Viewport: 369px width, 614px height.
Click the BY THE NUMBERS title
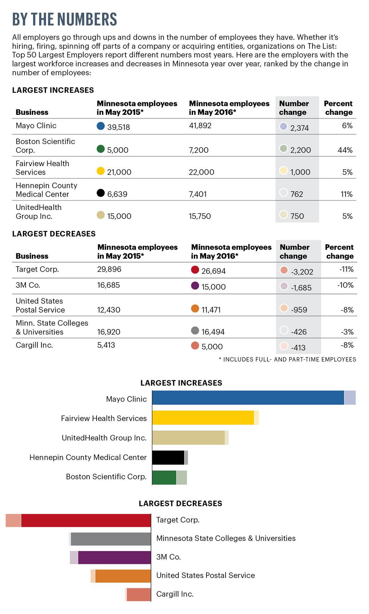[x=65, y=19]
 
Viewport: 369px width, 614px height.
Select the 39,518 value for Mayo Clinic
[x=118, y=127]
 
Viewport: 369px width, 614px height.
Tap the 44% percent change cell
[x=345, y=150]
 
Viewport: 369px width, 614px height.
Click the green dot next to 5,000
[x=101, y=149]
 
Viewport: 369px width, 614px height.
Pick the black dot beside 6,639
[x=101, y=193]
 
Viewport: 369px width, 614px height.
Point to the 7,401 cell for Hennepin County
[x=198, y=194]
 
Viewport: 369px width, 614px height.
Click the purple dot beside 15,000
[x=195, y=286]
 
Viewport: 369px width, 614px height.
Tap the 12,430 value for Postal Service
[x=108, y=310]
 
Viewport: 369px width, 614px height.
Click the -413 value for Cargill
[x=298, y=348]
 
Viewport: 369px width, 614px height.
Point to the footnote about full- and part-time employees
[x=287, y=359]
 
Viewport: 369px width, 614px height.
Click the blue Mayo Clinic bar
[x=248, y=398]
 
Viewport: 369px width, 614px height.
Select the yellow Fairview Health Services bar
[x=203, y=417]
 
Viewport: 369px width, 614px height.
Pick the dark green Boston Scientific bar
[x=164, y=478]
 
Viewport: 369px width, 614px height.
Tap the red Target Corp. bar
[x=86, y=520]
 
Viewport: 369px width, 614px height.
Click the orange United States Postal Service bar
[x=123, y=576]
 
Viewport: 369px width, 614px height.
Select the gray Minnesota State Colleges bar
[x=111, y=539]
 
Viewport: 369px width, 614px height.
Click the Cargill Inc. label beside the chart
[x=175, y=594]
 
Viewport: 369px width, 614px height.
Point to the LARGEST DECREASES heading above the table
[x=54, y=234]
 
